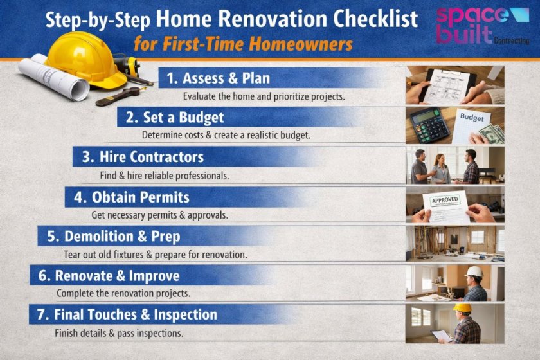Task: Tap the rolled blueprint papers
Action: click(55, 78)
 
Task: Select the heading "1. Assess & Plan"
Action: click(218, 78)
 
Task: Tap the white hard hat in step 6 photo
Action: click(474, 271)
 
